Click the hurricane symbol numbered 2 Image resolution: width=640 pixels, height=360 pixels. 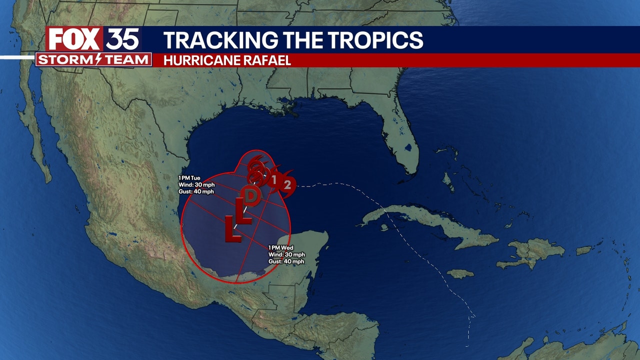coord(287,184)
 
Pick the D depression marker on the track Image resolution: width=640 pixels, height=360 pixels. coord(252,195)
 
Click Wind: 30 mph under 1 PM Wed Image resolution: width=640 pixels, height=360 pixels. coord(286,254)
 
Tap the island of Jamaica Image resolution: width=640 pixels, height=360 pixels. coord(460,273)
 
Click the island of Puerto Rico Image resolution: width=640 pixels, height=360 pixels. coord(583,249)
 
